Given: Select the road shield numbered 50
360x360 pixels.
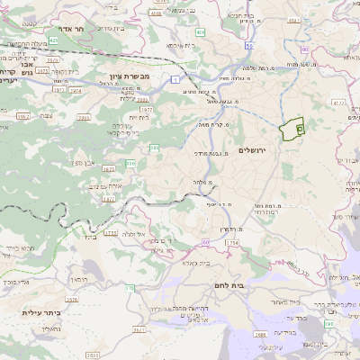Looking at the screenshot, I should click(x=247, y=42).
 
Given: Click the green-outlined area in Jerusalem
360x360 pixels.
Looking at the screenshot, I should click(x=290, y=130).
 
